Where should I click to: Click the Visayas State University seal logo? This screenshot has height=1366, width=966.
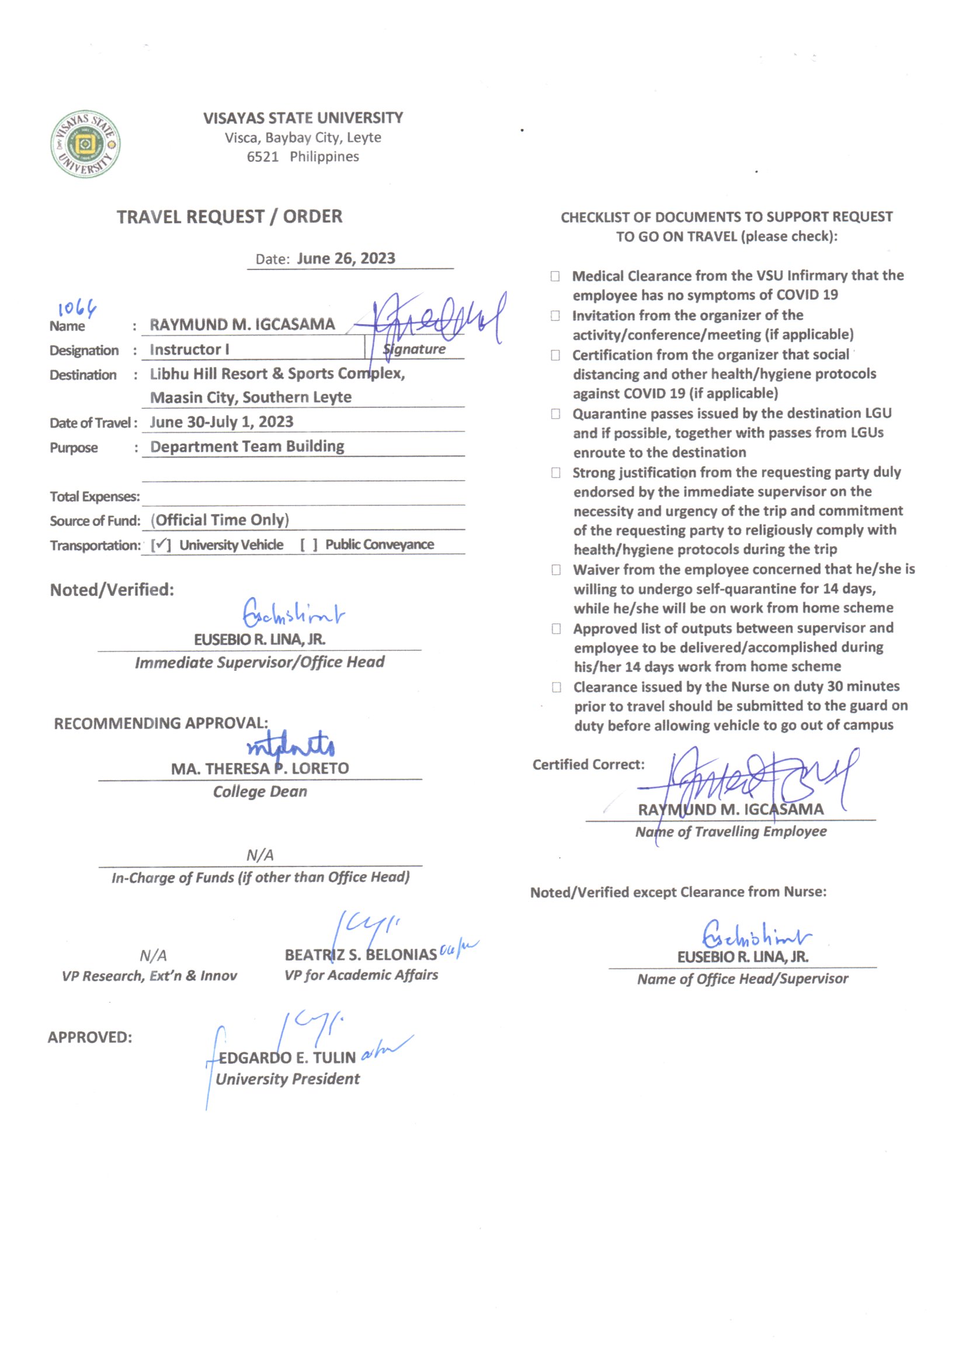coord(85,144)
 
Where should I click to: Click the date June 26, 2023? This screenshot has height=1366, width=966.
coord(346,258)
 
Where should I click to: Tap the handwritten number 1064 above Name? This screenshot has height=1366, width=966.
coord(77,308)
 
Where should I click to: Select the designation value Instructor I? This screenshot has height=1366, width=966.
coord(189,349)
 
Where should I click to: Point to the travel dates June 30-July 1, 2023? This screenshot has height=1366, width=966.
coord(221,422)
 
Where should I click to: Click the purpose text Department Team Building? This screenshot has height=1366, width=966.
coord(247,446)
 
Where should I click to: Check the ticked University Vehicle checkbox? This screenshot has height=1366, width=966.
coord(161,545)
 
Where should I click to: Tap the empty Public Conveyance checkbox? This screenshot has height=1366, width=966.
coord(309,545)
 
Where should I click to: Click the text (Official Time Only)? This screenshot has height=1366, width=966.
coord(220,520)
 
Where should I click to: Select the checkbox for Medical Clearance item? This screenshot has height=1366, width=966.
coord(555,276)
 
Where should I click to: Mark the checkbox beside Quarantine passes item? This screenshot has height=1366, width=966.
coord(555,414)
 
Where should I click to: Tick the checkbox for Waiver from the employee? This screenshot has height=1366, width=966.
coord(556,570)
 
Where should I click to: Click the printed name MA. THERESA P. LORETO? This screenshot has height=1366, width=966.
coord(260,769)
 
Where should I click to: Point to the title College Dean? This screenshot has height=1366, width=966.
coord(260,792)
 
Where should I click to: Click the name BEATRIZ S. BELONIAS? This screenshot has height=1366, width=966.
coord(360,955)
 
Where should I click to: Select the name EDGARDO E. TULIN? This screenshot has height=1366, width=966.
coord(287,1058)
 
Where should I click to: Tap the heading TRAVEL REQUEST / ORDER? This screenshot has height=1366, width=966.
coord(230,217)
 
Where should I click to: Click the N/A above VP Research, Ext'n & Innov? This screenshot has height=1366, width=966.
coord(153,955)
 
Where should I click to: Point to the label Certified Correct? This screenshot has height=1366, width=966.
coord(588,765)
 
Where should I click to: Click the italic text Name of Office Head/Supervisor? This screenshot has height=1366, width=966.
coord(742,979)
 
